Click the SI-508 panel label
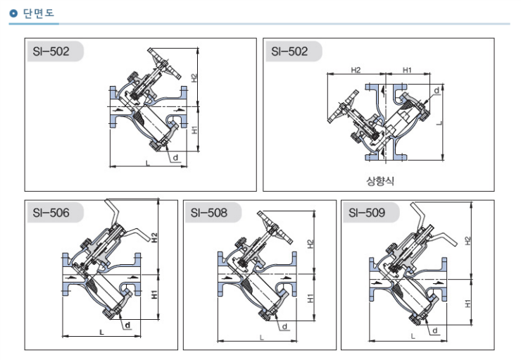(208, 212)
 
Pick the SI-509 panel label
(367, 212)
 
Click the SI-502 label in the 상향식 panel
(289, 51)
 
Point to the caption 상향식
(380, 180)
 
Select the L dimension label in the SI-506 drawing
(101, 330)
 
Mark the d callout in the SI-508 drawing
(284, 326)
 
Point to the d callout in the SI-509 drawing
(434, 330)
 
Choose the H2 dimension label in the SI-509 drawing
(468, 240)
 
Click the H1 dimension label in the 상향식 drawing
(406, 70)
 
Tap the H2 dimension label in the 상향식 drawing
(356, 70)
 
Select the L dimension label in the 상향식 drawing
(438, 123)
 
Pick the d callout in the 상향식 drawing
(437, 91)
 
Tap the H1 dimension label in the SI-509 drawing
(468, 304)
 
